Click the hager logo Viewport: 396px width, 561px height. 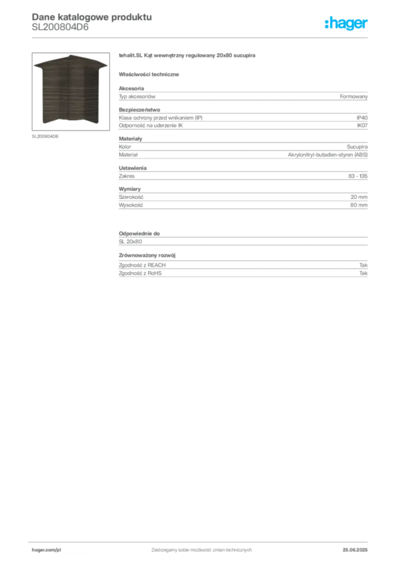(x=346, y=24)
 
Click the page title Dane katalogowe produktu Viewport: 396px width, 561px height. (x=92, y=17)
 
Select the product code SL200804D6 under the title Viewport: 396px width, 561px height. (x=60, y=27)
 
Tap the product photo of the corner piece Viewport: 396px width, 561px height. (x=71, y=91)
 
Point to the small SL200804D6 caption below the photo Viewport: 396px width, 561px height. (x=45, y=136)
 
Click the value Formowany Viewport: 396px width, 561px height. (x=353, y=96)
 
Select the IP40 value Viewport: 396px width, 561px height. (x=362, y=118)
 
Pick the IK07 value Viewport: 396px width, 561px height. (x=362, y=125)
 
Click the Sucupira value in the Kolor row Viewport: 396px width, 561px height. (x=357, y=147)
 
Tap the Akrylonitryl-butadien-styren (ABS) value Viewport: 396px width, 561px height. (x=328, y=155)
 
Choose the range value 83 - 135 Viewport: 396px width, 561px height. (x=358, y=176)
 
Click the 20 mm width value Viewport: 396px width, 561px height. (x=359, y=197)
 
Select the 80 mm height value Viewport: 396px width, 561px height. (x=359, y=205)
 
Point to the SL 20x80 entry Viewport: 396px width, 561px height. (x=130, y=242)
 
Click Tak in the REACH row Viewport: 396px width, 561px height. (x=364, y=265)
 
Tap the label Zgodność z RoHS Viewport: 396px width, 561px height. (x=140, y=273)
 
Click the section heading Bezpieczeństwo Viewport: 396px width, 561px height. (x=139, y=110)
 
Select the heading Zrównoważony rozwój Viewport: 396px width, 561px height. (x=147, y=255)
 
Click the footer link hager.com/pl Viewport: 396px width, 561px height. (x=46, y=550)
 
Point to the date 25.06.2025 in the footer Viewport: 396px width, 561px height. (x=355, y=550)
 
